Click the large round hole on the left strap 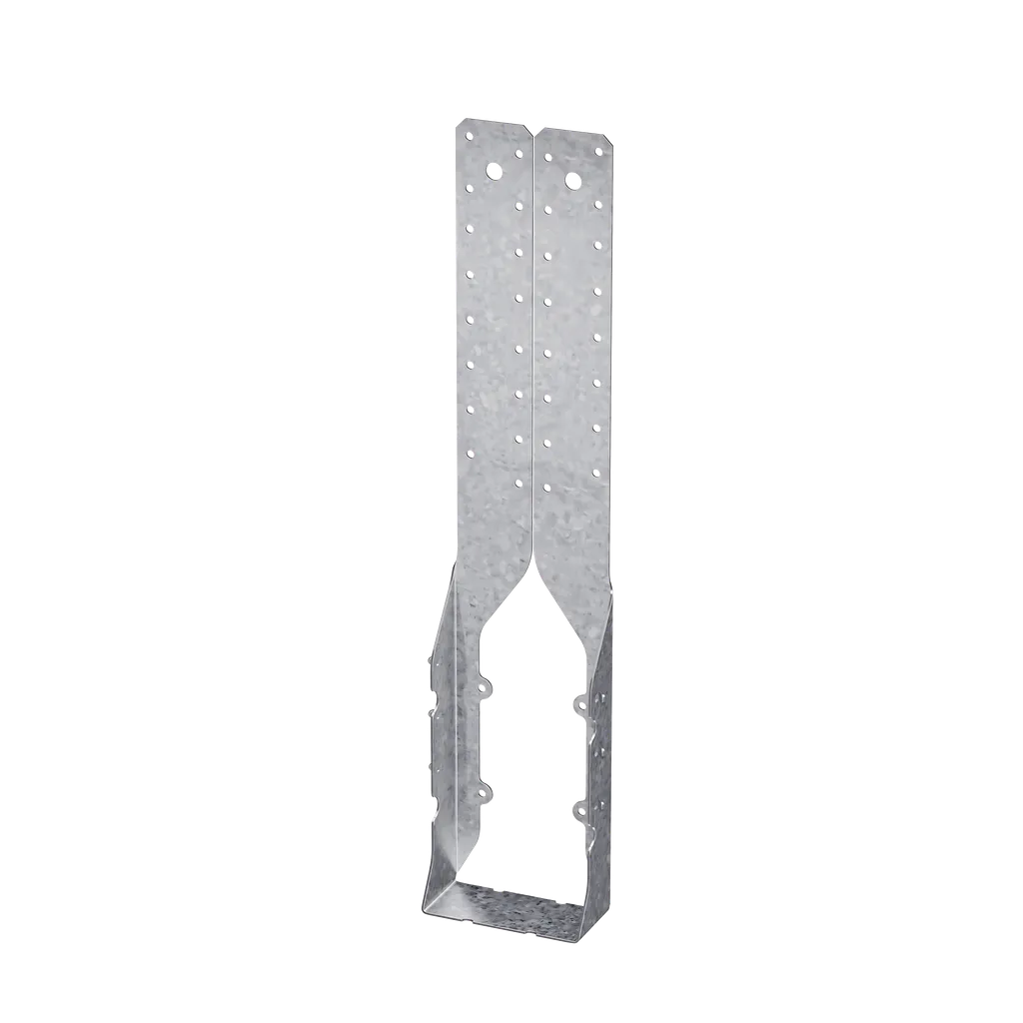(494, 171)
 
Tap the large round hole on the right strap (572, 180)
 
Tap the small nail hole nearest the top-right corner (598, 152)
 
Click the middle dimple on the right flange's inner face (600, 744)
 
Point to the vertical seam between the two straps (533, 350)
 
